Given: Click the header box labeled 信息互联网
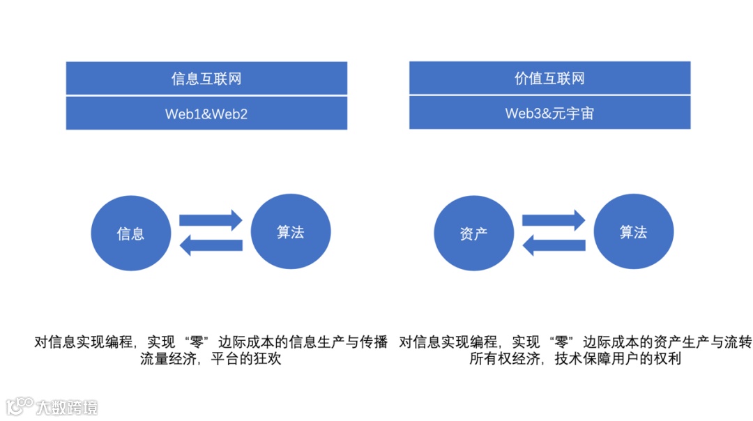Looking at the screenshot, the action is (x=206, y=78).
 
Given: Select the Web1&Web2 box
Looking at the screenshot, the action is (x=206, y=113).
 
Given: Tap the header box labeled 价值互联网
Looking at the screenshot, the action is (x=549, y=78).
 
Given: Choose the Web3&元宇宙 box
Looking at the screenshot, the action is (x=549, y=113).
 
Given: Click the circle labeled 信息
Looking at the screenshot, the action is (x=131, y=234).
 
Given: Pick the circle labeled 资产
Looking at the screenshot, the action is (x=474, y=234).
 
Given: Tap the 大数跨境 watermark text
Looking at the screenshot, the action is (x=67, y=406).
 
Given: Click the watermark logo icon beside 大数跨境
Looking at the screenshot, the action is (x=20, y=406).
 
